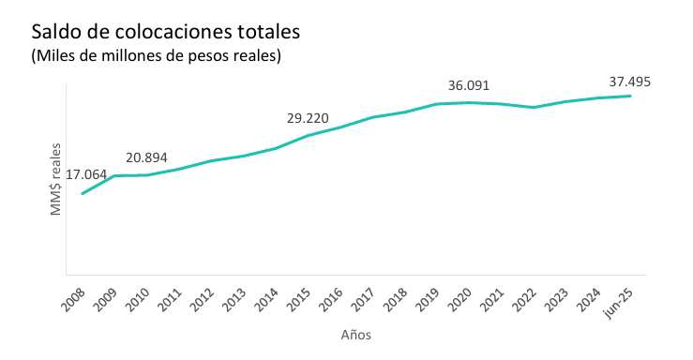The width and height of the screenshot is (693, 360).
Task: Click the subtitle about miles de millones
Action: [157, 57]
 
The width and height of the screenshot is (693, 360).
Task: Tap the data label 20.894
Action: [146, 157]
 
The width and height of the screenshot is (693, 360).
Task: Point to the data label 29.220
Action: [307, 118]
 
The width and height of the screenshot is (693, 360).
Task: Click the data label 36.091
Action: [469, 85]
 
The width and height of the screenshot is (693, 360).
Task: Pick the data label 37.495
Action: [629, 82]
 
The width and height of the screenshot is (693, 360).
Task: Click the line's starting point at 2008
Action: [83, 193]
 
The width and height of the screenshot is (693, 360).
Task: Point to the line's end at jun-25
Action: [629, 96]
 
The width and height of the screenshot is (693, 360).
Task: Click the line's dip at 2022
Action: [533, 107]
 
